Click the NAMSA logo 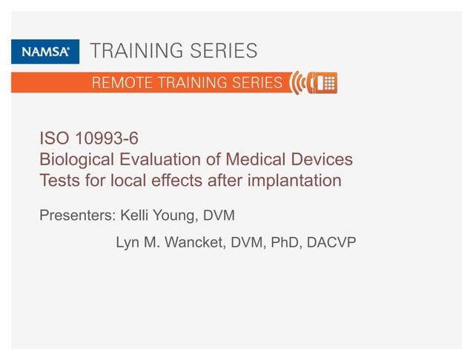pyautogui.click(x=41, y=51)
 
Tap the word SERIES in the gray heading pyautogui.click(x=221, y=51)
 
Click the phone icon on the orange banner pyautogui.click(x=322, y=83)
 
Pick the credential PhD pyautogui.click(x=279, y=242)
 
